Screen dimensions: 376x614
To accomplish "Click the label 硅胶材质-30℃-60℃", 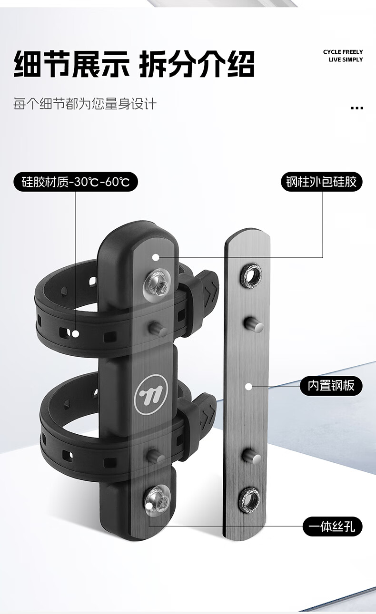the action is (x=75, y=182).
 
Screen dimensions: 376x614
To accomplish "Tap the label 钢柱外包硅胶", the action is (x=322, y=182).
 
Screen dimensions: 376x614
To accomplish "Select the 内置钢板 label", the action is (x=331, y=386).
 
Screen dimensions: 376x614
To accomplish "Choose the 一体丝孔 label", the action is (x=332, y=526).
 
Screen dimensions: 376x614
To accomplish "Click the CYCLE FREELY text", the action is (x=343, y=52).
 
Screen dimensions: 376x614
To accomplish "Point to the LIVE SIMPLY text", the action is (x=346, y=59).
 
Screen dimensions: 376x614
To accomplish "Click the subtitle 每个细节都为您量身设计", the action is (x=85, y=104).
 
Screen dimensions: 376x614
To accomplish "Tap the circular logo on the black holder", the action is (x=151, y=394).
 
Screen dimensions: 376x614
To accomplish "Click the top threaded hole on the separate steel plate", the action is (x=251, y=275).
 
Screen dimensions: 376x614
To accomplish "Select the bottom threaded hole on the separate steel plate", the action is (x=249, y=500).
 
